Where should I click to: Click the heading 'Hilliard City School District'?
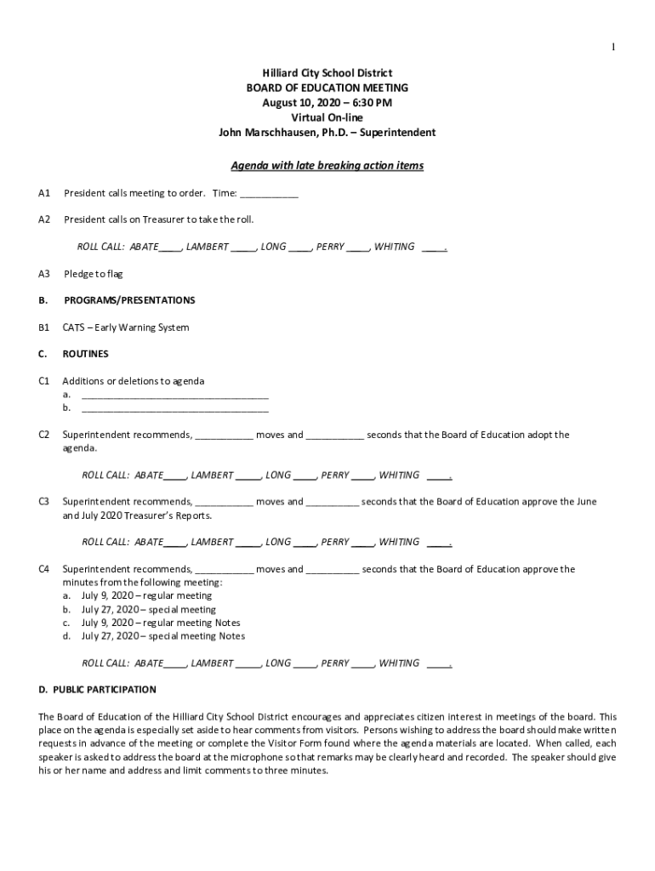point(327,74)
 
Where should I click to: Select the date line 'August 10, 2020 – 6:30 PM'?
point(327,103)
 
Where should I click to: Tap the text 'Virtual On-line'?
point(327,117)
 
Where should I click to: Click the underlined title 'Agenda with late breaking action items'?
point(327,166)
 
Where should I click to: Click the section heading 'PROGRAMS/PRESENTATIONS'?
point(128,300)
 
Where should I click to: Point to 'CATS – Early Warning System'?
point(126,327)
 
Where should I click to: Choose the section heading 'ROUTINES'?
point(85,354)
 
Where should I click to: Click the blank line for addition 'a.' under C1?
point(174,396)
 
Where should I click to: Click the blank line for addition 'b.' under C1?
point(174,409)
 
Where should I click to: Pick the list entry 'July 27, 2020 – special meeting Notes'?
point(162,636)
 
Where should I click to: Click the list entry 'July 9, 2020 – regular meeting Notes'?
point(161,623)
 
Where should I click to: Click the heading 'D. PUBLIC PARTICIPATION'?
point(97,689)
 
